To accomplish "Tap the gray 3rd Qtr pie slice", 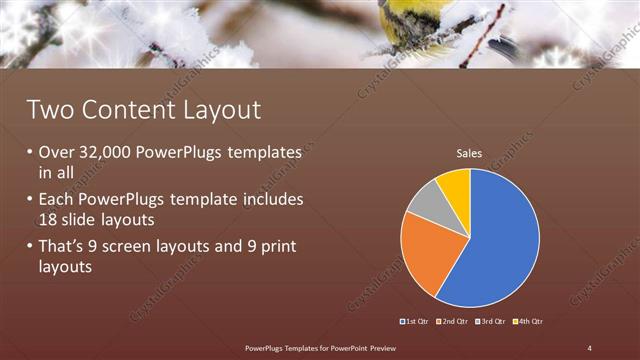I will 423,200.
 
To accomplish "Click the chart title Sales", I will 469,153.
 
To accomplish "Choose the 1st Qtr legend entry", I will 415,321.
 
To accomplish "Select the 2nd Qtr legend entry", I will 453,321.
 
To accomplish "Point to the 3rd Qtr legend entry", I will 492,321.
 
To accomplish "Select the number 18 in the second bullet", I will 49,219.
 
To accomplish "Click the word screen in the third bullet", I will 133,246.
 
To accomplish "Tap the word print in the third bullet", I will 270,246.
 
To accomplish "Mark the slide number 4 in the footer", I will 589,347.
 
